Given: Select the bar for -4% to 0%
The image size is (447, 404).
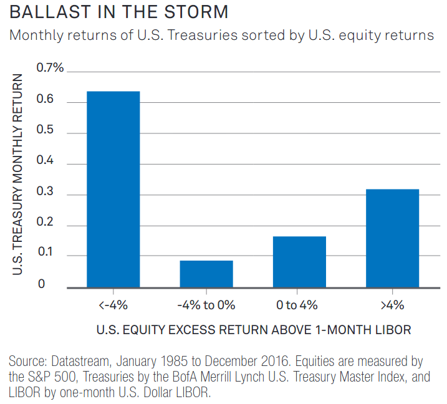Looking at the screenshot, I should tap(206, 274).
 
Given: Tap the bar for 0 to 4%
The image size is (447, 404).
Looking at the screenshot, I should tap(299, 262).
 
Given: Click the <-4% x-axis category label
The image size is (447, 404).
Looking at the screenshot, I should tap(113, 305).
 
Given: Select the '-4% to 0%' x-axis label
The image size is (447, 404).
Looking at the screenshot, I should tap(206, 305).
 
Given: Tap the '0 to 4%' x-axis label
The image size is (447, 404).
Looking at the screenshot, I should tap(299, 305).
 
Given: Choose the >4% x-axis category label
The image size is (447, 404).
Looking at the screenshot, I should tap(392, 305).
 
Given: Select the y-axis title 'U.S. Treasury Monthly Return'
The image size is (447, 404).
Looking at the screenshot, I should tap(19, 175).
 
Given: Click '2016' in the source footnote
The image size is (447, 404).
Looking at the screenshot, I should tap(262, 362).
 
